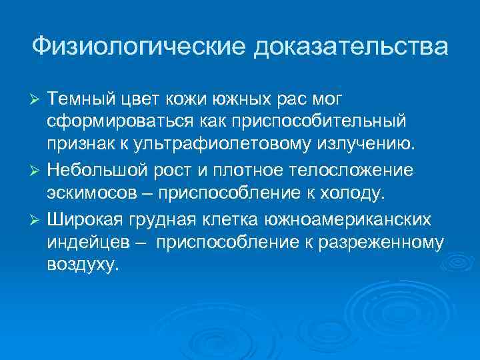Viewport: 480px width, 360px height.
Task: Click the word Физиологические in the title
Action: click(x=137, y=47)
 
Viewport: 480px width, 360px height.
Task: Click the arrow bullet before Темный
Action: click(x=37, y=99)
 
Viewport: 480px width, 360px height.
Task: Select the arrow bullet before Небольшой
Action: click(x=37, y=171)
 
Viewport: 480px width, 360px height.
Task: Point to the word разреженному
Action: click(x=385, y=243)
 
